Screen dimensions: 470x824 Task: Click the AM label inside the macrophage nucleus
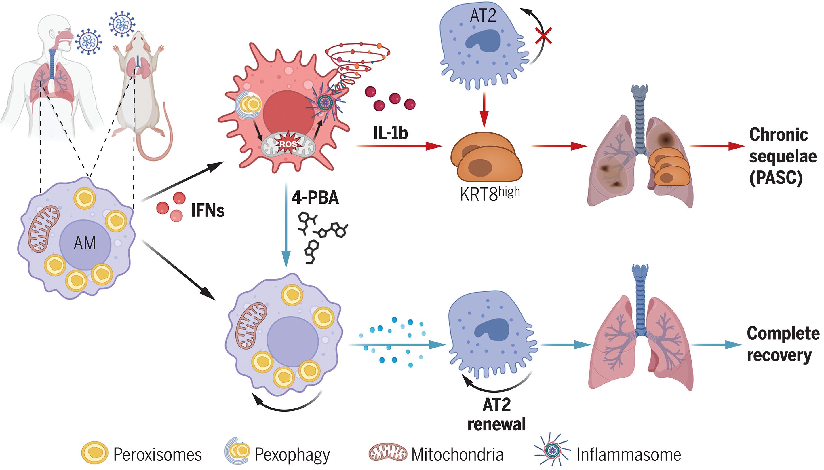click(85, 243)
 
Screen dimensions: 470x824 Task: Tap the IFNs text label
click(208, 211)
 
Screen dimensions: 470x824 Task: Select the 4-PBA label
click(315, 198)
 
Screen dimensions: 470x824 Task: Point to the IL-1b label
click(391, 133)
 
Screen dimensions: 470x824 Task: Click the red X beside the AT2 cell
click(543, 36)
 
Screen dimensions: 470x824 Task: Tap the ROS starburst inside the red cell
click(288, 144)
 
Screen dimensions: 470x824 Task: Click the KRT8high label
click(490, 194)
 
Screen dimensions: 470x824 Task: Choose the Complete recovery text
click(783, 344)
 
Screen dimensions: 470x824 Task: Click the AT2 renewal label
click(497, 414)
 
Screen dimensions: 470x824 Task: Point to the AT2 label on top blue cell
click(483, 16)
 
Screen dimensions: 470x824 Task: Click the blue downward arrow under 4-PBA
click(286, 226)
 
